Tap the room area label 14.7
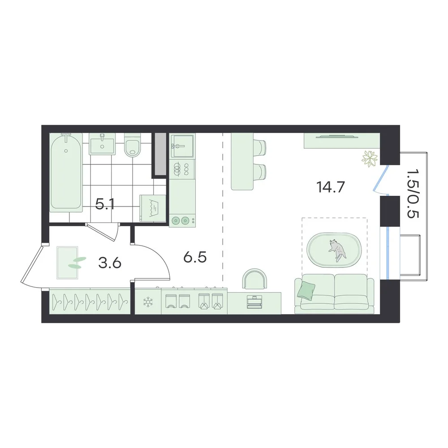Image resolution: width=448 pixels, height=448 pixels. [331, 187]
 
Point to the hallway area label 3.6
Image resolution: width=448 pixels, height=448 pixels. [110, 263]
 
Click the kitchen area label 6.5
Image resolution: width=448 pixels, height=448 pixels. [195, 257]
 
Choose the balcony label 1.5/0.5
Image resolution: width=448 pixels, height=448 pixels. [412, 193]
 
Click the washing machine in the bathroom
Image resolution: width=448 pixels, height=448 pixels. [153, 208]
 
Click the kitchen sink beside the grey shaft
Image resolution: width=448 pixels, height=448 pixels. [182, 146]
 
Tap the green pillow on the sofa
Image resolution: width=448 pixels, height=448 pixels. [306, 290]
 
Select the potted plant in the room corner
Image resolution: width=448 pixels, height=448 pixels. [370, 159]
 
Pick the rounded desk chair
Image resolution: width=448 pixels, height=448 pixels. [255, 279]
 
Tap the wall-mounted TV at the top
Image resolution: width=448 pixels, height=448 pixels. [337, 137]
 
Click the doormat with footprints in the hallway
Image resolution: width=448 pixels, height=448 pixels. [67, 263]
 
